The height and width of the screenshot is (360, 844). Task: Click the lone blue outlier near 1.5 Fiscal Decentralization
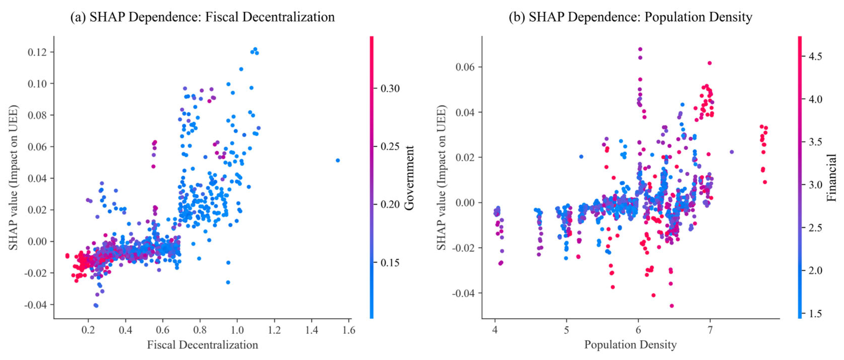pos(338,160)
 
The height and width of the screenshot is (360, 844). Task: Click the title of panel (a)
pos(203,17)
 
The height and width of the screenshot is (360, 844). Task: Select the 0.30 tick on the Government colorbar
pos(390,88)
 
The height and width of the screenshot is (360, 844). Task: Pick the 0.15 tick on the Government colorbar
pos(390,262)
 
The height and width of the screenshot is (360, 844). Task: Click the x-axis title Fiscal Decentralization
pos(203,345)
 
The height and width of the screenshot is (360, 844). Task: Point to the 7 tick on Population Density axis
pos(710,329)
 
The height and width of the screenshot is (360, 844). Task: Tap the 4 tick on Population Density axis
pos(495,329)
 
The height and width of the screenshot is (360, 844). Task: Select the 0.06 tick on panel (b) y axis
pos(464,67)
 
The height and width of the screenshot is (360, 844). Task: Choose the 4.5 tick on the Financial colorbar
pos(815,56)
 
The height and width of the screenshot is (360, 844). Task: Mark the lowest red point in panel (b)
pos(672,306)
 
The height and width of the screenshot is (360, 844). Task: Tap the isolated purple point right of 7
pos(732,152)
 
